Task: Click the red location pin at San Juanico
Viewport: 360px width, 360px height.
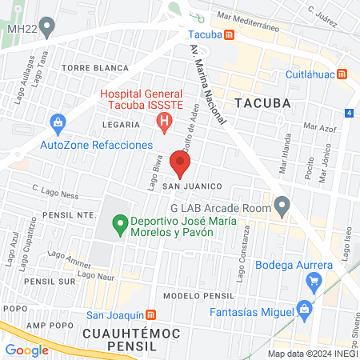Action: [181, 165]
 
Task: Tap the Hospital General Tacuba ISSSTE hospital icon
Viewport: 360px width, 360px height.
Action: [165, 122]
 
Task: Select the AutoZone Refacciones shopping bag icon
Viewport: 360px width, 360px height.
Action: [57, 123]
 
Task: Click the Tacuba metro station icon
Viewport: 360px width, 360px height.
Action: [230, 34]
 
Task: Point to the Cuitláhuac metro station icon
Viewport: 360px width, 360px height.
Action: [343, 74]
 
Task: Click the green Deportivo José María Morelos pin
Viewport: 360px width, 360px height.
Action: [120, 223]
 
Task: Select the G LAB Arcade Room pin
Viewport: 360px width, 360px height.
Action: [281, 206]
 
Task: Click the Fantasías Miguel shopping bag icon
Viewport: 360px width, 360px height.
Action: [303, 309]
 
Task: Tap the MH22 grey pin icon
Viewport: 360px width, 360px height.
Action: [47, 28]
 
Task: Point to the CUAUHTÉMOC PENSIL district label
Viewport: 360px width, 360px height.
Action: [127, 331]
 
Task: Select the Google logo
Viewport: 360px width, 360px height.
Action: [26, 350]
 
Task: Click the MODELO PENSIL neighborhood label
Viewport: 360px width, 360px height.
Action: [190, 295]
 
